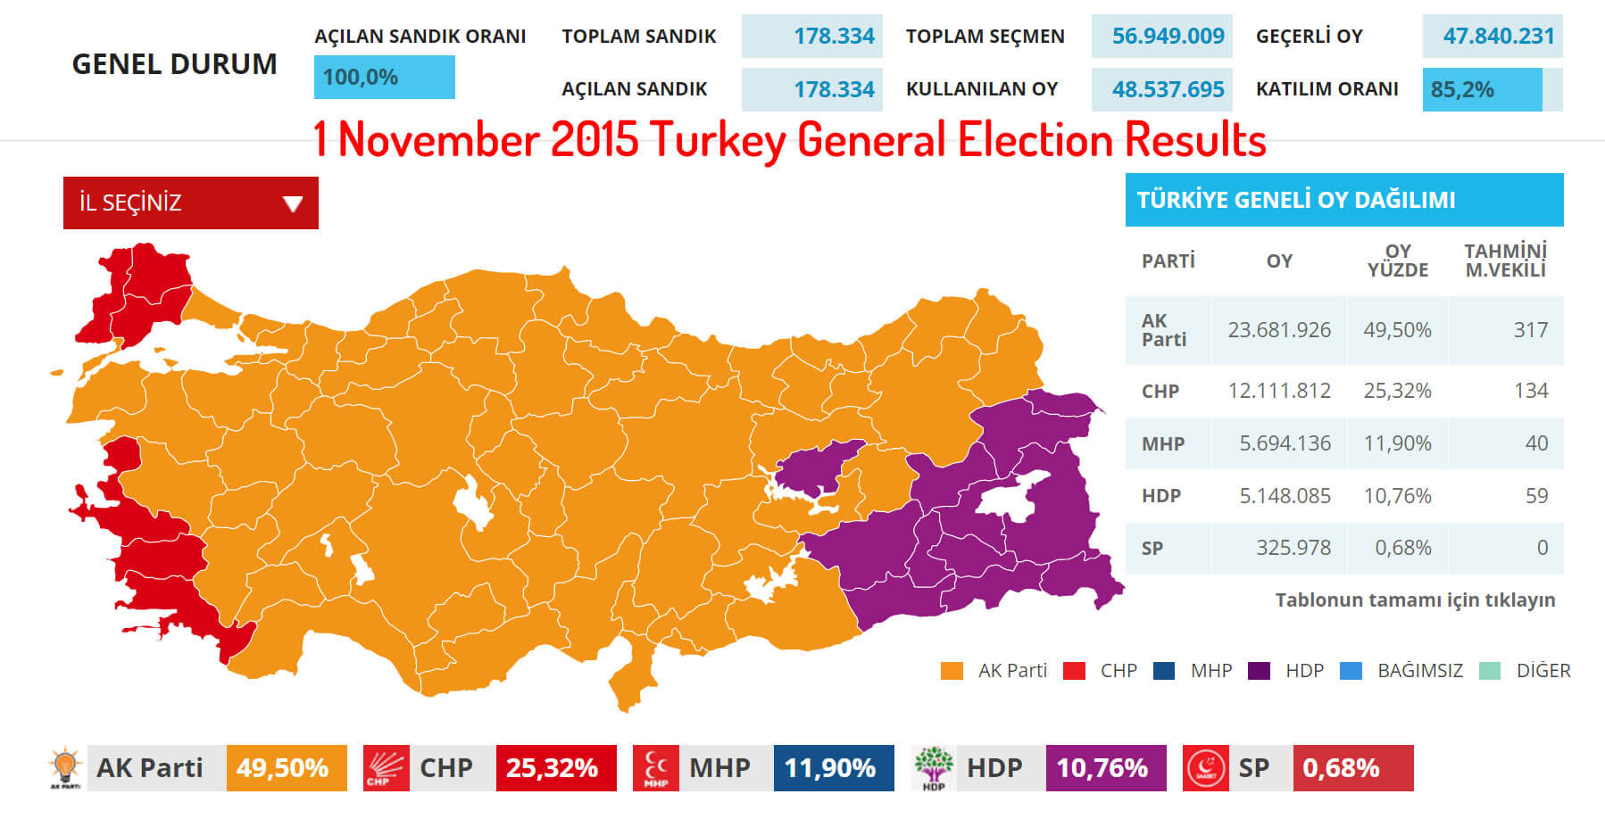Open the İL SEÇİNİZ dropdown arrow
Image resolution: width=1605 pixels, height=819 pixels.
[x=293, y=204]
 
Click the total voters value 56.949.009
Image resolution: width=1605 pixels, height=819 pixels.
[x=1168, y=37]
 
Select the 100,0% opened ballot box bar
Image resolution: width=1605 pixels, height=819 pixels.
[x=384, y=78]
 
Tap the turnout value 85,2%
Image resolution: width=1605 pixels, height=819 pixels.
[x=1462, y=90]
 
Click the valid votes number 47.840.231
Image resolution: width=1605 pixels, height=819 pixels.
[x=1498, y=37]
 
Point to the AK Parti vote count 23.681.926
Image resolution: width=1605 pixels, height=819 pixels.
[x=1279, y=330]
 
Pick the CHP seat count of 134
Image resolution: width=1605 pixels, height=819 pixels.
[x=1530, y=391]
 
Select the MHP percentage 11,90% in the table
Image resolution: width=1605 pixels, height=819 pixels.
[x=1397, y=443]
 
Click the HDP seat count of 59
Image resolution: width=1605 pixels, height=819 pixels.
[x=1535, y=496]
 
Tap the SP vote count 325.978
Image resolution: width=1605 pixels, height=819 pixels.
[x=1293, y=548]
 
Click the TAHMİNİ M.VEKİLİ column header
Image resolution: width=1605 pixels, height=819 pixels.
[x=1505, y=261]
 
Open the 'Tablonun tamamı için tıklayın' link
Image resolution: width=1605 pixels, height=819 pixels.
[x=1415, y=600]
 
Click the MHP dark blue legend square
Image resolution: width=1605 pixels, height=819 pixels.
[x=1164, y=671]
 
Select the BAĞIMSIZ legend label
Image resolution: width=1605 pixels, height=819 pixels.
[x=1419, y=671]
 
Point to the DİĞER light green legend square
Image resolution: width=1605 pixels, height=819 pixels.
[x=1489, y=671]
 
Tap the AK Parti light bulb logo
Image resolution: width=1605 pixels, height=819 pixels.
[x=65, y=768]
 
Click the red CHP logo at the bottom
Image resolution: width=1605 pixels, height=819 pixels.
[x=386, y=768]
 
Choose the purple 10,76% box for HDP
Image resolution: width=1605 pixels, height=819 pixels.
[x=1104, y=768]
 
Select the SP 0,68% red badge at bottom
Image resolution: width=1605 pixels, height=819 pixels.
[x=1351, y=768]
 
